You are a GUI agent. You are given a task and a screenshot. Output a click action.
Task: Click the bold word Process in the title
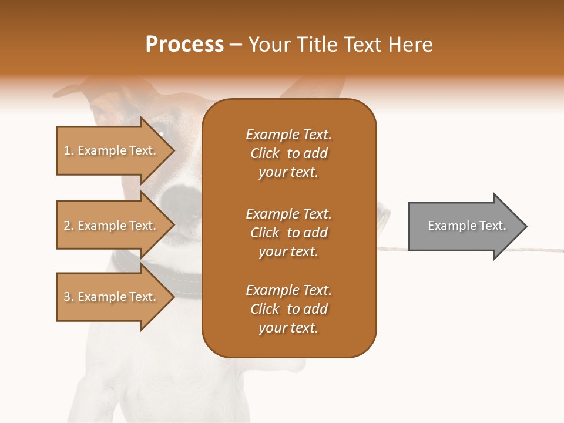coord(184,44)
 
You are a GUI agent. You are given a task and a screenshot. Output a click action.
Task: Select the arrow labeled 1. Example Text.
coord(112,150)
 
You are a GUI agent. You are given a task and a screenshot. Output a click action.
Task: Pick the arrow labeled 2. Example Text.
coord(112,226)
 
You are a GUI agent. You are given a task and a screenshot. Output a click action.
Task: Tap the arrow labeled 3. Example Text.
coord(112,297)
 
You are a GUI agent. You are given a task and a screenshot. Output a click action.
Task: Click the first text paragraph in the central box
coord(288,153)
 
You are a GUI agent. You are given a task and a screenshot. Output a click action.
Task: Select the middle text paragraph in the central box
coord(288,233)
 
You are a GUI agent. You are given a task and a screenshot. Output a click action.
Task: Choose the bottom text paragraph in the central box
coord(288,309)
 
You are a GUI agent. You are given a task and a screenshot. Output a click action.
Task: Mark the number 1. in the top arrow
coord(69,150)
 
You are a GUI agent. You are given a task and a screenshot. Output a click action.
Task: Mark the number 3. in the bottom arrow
coord(69,297)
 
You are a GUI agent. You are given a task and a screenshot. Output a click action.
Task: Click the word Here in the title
coord(411,44)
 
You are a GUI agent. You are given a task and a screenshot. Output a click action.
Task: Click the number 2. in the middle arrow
coord(69,226)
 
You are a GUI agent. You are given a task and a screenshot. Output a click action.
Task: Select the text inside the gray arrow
coord(466,226)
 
